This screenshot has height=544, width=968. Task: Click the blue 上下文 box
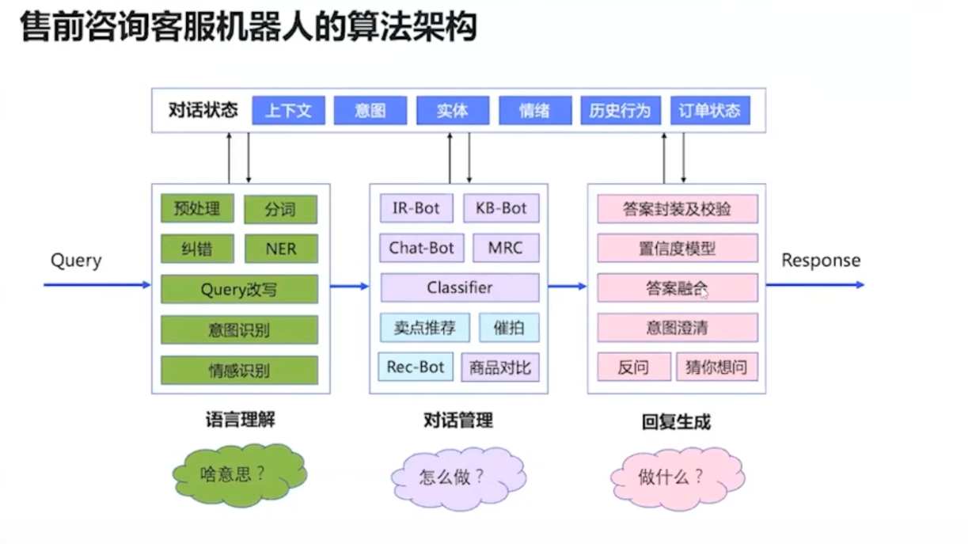click(288, 111)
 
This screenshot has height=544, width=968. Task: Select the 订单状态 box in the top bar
click(709, 111)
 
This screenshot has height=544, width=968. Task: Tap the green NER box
click(281, 249)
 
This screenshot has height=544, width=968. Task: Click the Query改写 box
click(239, 289)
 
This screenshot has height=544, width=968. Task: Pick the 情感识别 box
click(239, 370)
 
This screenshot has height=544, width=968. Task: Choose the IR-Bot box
click(416, 208)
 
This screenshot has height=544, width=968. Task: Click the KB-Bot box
click(501, 208)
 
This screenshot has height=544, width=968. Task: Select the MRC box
click(506, 248)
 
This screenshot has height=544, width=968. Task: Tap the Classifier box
click(459, 287)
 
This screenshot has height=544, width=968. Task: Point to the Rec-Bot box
click(416, 367)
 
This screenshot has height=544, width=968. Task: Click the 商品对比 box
click(500, 367)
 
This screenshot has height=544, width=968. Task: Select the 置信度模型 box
click(677, 249)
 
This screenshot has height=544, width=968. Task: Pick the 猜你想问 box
click(716, 367)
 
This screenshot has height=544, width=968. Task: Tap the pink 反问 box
click(633, 367)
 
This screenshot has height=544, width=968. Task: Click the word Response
click(821, 261)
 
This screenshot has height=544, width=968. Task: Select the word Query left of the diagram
click(76, 261)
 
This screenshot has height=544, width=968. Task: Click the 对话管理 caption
click(458, 420)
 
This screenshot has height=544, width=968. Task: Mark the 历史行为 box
click(620, 111)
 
